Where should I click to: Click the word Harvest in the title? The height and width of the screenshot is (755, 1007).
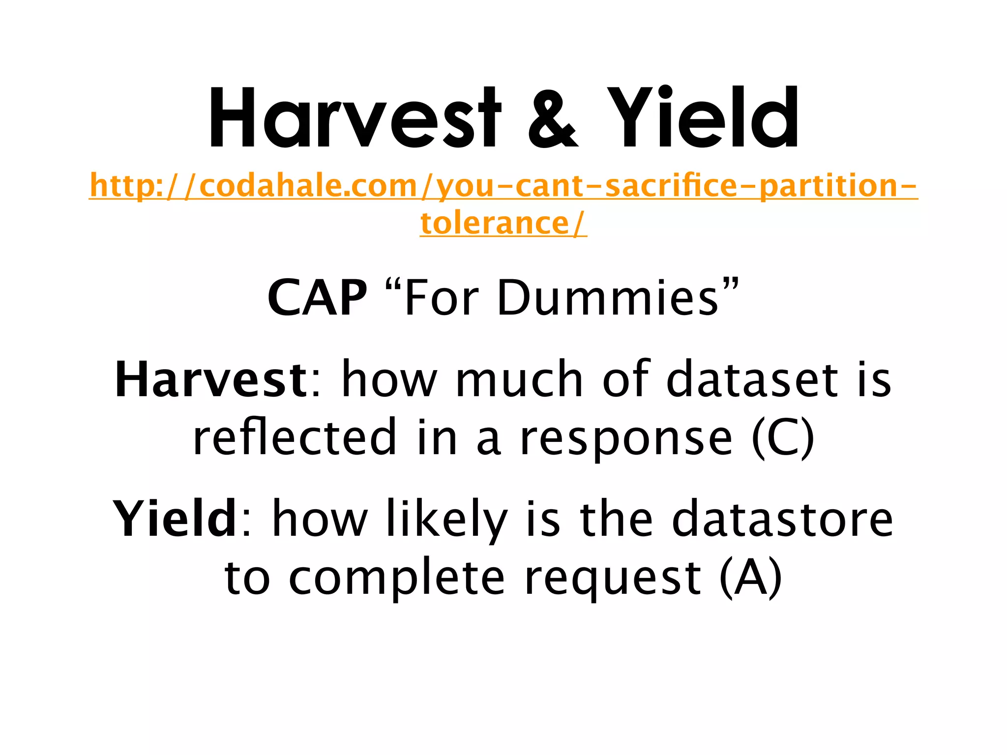(354, 118)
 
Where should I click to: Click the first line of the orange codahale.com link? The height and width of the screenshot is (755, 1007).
(503, 186)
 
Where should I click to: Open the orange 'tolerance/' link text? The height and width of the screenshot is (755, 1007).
(503, 223)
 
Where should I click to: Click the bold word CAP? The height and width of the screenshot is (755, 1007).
(317, 298)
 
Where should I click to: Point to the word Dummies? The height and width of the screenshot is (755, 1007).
(608, 298)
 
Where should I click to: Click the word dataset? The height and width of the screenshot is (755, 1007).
(752, 379)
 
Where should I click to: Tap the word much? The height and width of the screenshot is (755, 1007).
(519, 379)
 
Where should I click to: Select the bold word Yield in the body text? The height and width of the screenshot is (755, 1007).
(175, 519)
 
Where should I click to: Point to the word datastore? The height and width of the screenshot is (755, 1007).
(782, 519)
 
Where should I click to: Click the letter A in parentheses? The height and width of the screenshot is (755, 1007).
(750, 578)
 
